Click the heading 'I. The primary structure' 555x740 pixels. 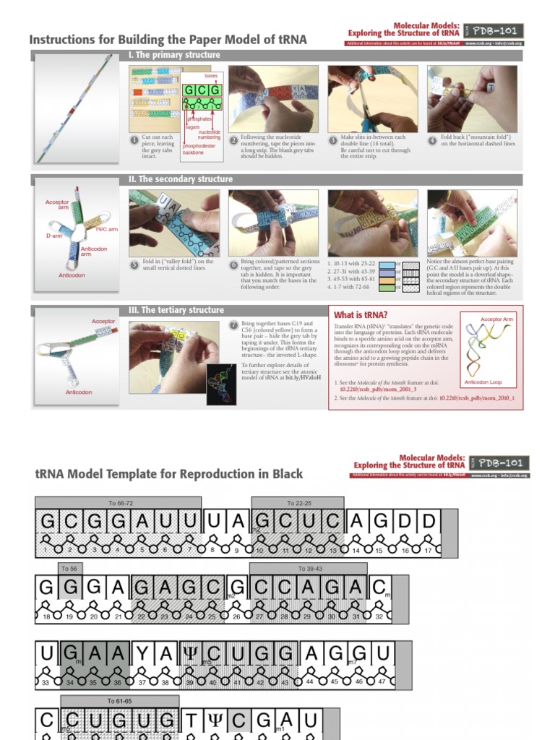click(x=174, y=55)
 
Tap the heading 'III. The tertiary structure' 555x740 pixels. click(x=176, y=310)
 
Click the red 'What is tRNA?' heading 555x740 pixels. click(x=361, y=314)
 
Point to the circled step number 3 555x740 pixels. click(x=333, y=141)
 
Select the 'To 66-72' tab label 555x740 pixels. click(x=119, y=502)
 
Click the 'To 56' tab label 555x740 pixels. click(x=69, y=569)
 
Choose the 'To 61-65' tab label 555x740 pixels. click(x=120, y=701)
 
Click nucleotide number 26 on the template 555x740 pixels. click(x=236, y=616)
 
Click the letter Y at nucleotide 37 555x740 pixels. click(x=142, y=655)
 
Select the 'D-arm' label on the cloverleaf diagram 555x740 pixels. click(x=54, y=236)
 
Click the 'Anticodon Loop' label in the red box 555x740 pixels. click(x=483, y=382)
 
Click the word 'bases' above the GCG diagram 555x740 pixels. click(x=211, y=76)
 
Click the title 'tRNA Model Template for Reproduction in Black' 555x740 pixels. click(x=169, y=474)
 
